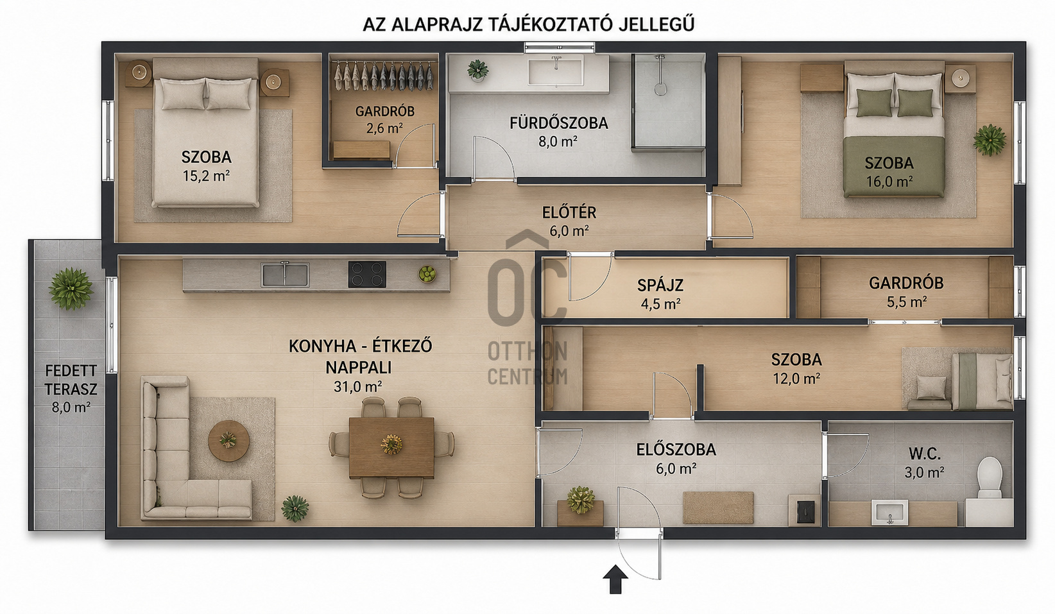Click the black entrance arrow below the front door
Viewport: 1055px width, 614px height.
615,579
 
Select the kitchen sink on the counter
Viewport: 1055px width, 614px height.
285,275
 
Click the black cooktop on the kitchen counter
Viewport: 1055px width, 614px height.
367,274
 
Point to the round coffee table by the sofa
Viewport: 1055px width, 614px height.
229,441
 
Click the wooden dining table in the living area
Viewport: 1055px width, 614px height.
391,447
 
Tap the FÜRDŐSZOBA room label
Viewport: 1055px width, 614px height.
558,123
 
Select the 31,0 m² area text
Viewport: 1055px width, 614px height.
357,387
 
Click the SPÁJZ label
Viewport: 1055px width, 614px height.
660,285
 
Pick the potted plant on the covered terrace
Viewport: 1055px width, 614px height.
71,289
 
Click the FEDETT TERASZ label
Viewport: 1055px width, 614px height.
71,380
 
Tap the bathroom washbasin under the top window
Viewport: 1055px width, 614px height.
556,70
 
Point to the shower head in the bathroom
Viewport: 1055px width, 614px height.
660,89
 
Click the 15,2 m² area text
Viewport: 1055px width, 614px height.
206,176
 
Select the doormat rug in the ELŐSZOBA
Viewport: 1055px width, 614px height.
718,507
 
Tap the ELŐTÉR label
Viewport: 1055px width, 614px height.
569,213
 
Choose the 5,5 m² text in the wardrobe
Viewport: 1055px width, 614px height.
907,302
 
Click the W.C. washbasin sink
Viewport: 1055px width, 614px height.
889,512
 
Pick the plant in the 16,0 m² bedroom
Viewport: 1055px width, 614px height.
989,140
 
